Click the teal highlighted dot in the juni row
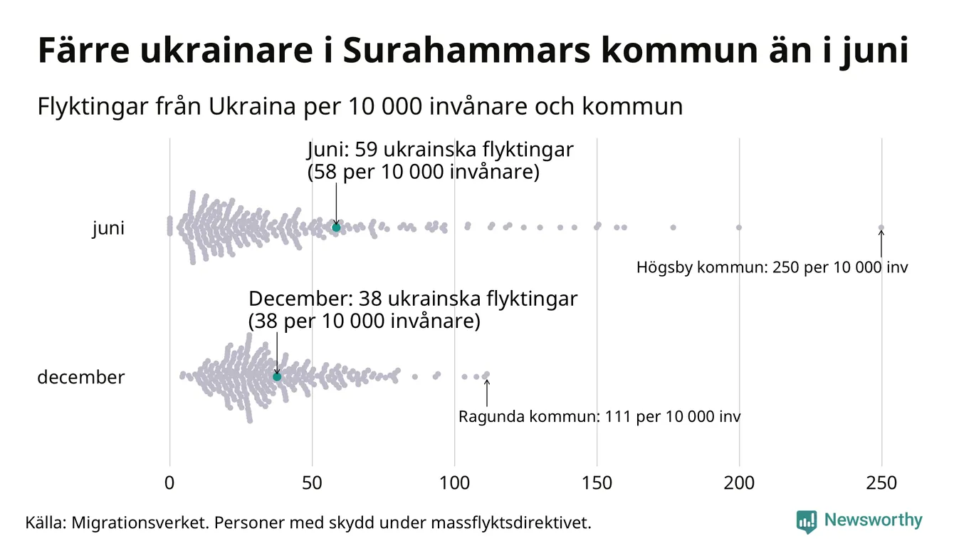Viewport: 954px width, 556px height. coord(336,227)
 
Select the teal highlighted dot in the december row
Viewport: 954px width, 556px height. coord(277,376)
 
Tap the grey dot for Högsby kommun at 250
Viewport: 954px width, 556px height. coord(881,228)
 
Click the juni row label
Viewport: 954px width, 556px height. coord(108,229)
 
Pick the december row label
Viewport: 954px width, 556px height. coord(80,377)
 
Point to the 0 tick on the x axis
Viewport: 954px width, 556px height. coord(169,483)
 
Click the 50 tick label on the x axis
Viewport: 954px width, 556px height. coord(312,483)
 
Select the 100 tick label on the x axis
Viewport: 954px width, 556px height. coord(454,483)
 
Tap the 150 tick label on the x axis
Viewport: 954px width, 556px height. coord(597,483)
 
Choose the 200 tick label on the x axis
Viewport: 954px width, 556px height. coord(739,483)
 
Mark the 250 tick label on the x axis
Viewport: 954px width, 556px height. coord(881,483)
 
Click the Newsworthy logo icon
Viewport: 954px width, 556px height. coord(807,521)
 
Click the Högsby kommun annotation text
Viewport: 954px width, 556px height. coord(772,268)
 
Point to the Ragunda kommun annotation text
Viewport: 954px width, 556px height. coord(599,416)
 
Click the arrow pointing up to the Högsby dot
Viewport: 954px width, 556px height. coord(881,244)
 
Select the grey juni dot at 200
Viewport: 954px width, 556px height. coord(739,227)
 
